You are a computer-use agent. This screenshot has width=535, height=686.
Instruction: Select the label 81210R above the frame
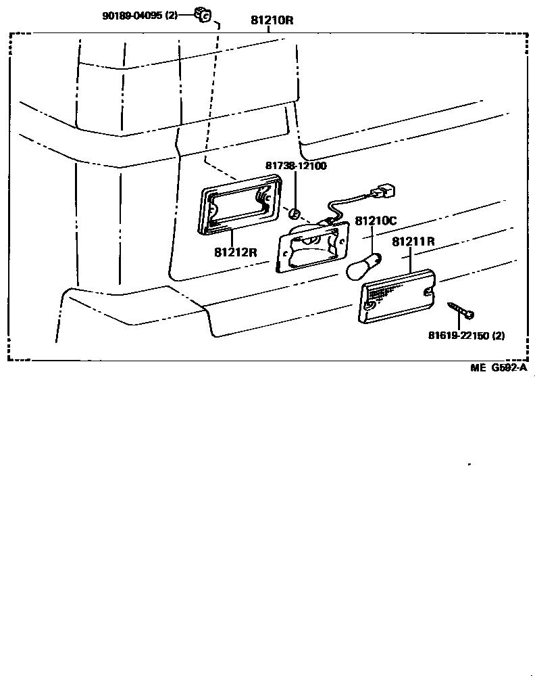pos(272,20)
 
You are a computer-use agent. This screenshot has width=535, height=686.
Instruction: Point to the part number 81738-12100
pos(295,166)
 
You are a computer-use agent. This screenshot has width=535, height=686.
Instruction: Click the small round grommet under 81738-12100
pos(294,214)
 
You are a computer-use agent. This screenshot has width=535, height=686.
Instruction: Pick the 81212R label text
pos(236,252)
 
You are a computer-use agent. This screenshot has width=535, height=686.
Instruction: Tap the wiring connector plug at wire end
pos(383,192)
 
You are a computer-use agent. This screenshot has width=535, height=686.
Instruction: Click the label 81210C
pos(376,221)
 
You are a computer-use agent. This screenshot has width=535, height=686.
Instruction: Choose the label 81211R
pos(413,241)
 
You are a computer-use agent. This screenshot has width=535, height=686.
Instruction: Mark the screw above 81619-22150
pos(462,312)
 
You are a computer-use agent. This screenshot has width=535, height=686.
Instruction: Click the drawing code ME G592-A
pos(499,369)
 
